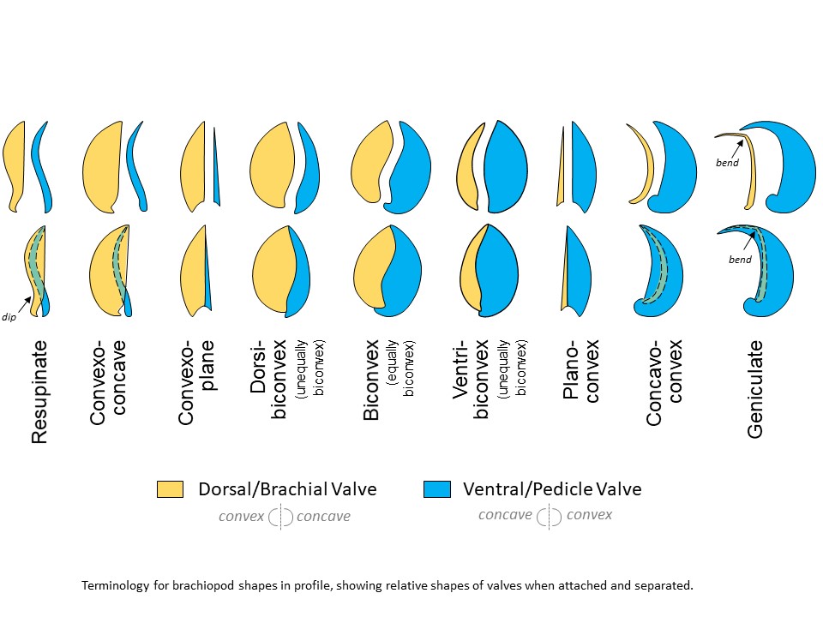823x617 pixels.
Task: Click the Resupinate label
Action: click(39, 392)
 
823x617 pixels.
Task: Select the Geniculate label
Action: click(754, 389)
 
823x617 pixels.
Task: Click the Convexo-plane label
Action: click(196, 382)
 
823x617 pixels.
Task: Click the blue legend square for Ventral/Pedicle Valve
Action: click(436, 489)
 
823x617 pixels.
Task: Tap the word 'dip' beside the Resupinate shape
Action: click(17, 318)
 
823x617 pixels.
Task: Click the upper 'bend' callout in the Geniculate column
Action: click(728, 160)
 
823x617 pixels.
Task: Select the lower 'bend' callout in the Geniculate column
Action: click(740, 259)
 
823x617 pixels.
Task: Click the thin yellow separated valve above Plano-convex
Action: click(561, 171)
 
